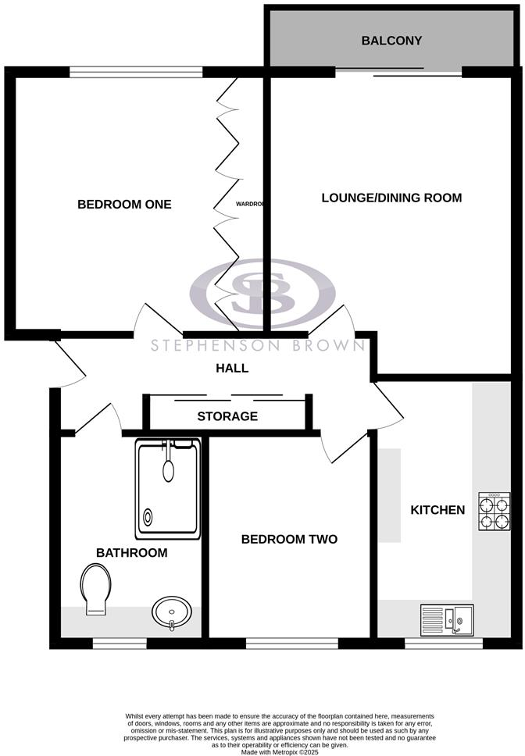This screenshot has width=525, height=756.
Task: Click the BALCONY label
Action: tap(392, 40)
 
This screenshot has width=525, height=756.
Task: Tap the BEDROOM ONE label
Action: tap(124, 205)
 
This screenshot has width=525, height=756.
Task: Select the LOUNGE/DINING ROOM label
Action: tap(391, 198)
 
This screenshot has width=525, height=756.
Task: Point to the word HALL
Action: tap(232, 369)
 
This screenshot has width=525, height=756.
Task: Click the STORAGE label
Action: tap(227, 416)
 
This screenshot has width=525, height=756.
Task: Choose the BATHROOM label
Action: tap(131, 553)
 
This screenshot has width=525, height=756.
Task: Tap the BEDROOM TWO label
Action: tap(289, 539)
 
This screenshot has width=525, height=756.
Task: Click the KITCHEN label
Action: tap(437, 510)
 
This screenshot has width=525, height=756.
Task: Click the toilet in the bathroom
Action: tap(95, 590)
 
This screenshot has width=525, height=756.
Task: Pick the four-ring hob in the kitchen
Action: tap(495, 512)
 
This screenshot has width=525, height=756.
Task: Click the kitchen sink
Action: tap(447, 620)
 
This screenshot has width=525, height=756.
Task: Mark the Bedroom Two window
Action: tap(292, 644)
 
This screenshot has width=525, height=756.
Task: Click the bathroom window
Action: tap(120, 644)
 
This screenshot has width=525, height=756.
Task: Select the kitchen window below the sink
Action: tap(444, 644)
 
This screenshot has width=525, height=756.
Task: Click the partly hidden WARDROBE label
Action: tap(250, 205)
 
